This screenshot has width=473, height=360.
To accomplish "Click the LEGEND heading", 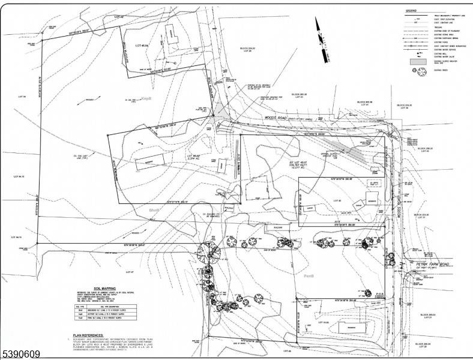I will (411, 11).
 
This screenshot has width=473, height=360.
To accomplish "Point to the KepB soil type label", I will (148, 99).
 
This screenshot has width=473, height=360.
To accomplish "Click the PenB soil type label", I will (310, 276).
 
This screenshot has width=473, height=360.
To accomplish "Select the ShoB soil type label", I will (152, 210).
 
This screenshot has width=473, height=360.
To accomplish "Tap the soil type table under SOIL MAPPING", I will (102, 312).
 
